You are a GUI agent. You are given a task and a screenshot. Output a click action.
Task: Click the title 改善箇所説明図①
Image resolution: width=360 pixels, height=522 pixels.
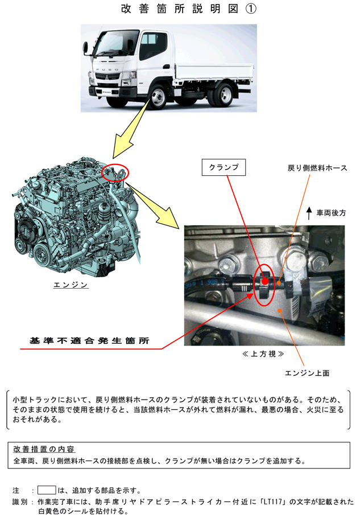(189, 9)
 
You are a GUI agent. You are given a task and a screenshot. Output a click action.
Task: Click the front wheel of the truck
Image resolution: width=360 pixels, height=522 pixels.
(158, 97)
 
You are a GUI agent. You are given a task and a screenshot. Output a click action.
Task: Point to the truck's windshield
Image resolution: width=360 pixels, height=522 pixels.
(109, 46)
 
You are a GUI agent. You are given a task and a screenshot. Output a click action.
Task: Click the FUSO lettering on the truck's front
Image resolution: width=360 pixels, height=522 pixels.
(107, 69)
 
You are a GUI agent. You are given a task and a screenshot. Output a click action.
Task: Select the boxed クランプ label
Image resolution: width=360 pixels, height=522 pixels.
(224, 167)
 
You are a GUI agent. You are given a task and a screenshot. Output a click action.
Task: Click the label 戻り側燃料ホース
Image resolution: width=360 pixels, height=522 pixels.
(317, 168)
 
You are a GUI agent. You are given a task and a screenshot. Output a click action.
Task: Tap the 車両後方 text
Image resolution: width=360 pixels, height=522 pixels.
(331, 213)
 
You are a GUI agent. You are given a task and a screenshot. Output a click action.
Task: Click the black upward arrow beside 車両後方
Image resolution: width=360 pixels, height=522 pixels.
(309, 213)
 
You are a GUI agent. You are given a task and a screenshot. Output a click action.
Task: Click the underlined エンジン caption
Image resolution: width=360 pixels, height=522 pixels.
(71, 285)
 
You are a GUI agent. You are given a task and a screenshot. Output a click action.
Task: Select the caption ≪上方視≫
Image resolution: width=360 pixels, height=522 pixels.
(263, 354)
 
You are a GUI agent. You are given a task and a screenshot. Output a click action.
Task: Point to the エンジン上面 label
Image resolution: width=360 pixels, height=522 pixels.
(307, 373)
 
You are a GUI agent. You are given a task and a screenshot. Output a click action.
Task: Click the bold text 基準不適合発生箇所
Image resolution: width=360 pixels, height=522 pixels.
(89, 340)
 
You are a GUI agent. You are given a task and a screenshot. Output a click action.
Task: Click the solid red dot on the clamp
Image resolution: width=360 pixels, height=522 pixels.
(265, 282)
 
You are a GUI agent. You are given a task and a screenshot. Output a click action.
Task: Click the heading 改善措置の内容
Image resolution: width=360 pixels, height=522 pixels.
(44, 450)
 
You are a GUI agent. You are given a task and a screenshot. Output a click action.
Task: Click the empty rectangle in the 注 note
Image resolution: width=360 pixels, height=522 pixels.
(47, 490)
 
